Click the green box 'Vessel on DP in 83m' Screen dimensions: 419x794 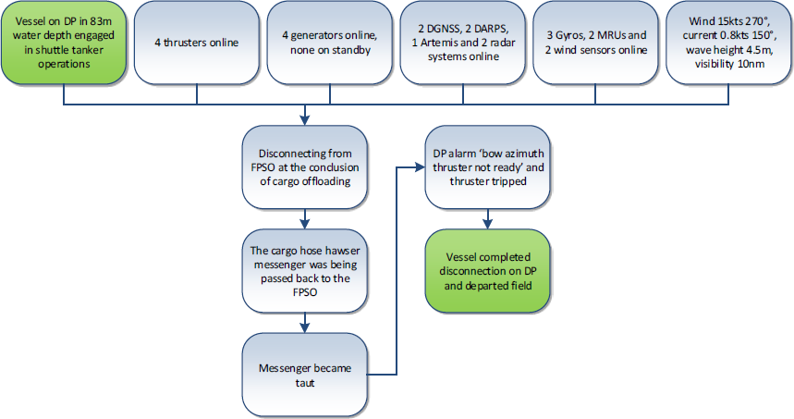63,42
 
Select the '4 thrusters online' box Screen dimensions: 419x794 196,42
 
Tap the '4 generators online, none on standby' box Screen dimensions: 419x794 328,42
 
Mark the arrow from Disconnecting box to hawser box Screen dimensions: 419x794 305,219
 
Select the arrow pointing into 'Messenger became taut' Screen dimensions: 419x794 305,324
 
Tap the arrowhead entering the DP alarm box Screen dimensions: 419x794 418,167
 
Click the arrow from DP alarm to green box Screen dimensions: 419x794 487,219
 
